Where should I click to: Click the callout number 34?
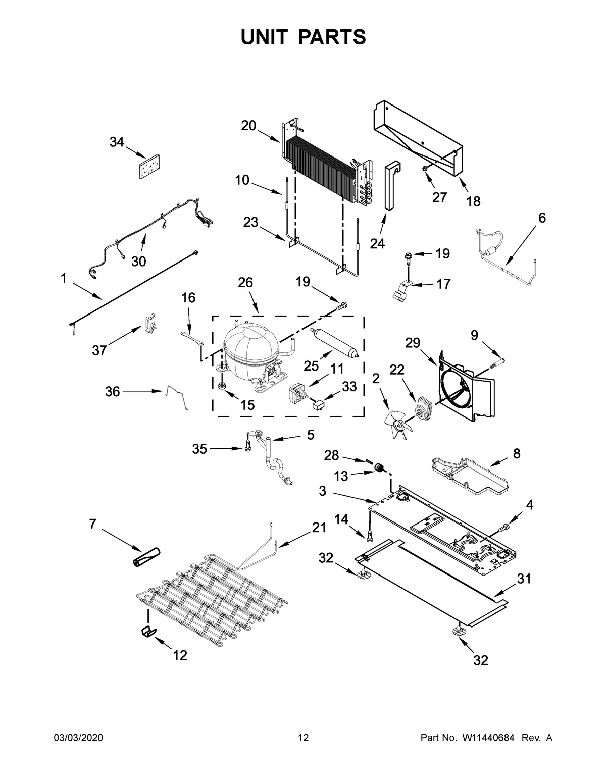[x=117, y=142]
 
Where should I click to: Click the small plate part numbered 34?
[x=147, y=167]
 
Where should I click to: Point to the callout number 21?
[x=319, y=528]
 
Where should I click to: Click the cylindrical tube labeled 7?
[x=145, y=556]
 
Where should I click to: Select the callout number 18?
[x=473, y=201]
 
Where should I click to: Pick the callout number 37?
[x=99, y=349]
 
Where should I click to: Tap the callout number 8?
[x=516, y=453]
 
